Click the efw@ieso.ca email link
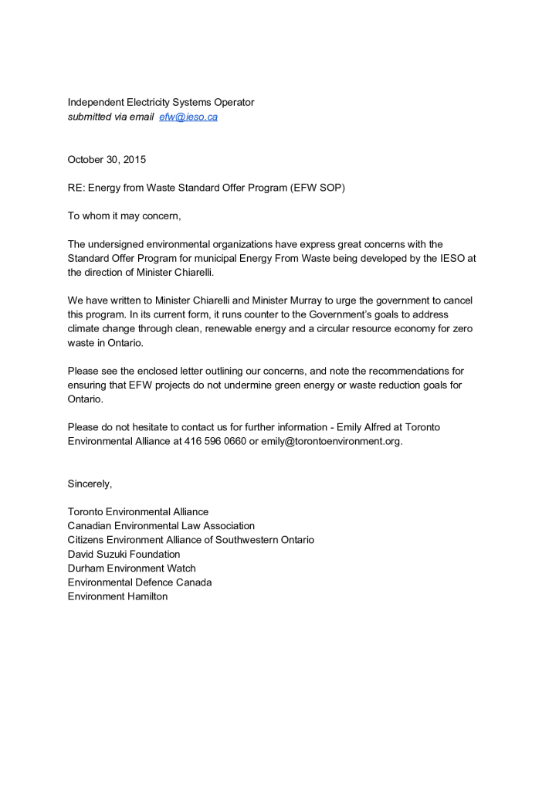188,117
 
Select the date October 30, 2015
107,160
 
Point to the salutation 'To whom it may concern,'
124,216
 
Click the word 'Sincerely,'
90,484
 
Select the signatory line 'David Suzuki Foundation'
124,554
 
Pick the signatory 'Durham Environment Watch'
131,568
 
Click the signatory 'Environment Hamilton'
117,596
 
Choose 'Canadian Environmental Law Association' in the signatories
161,525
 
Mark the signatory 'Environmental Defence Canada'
140,582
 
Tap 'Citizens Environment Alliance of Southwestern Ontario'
191,539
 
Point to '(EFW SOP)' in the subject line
318,188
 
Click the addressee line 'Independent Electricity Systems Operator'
161,102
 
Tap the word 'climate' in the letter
85,328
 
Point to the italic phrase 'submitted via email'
110,117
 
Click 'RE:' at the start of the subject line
76,188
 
